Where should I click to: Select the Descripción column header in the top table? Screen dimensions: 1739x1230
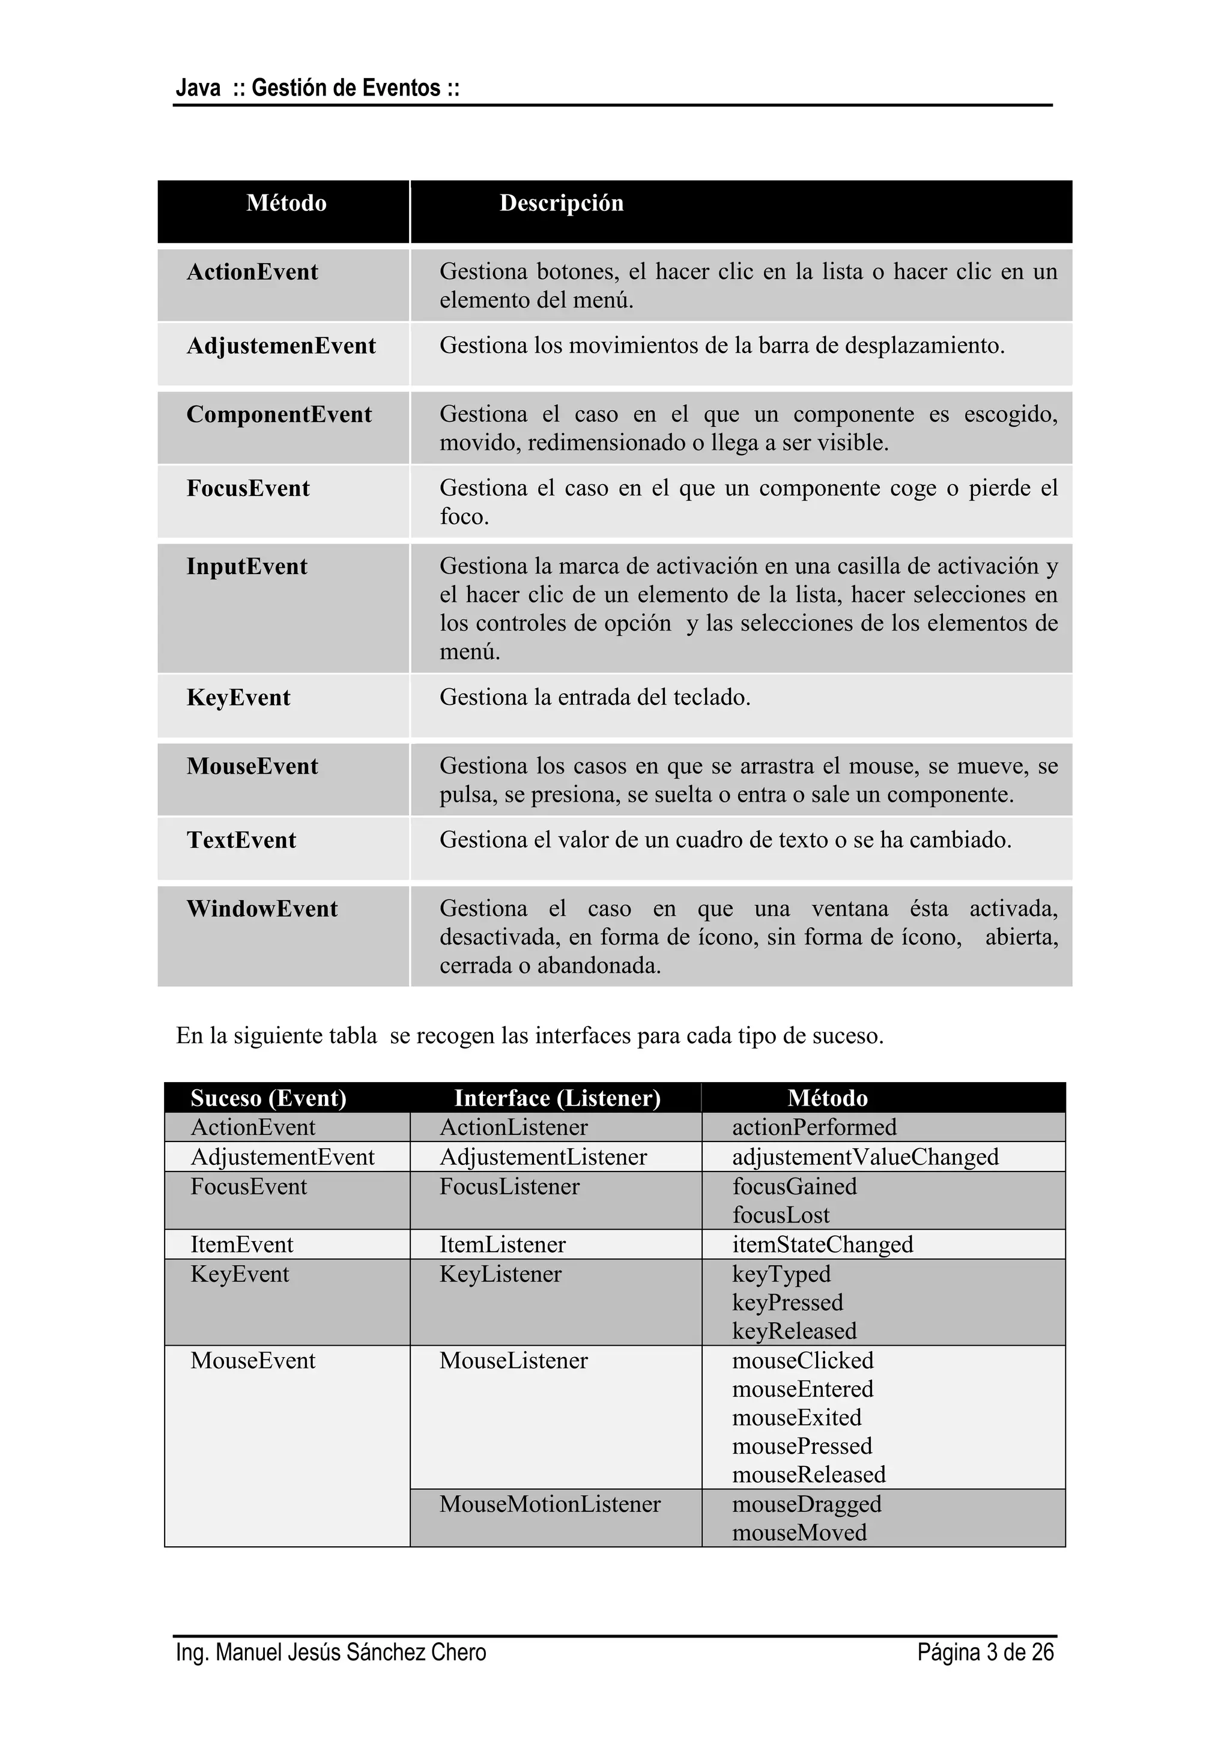point(561,203)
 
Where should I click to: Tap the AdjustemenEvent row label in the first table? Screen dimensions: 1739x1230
point(281,346)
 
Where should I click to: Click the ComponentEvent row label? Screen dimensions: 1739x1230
point(279,414)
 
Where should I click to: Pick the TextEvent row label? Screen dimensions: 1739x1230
point(241,840)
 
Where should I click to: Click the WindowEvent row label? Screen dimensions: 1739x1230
point(262,909)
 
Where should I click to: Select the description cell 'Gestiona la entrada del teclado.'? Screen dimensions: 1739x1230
point(595,698)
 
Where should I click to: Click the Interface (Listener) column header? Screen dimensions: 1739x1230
point(557,1098)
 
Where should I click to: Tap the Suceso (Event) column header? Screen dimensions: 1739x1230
point(268,1098)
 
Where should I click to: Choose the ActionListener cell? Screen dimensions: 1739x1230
point(514,1127)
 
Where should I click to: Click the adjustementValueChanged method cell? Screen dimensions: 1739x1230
point(865,1157)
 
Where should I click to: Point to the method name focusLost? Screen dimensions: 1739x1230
point(780,1215)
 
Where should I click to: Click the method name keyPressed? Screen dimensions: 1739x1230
point(787,1302)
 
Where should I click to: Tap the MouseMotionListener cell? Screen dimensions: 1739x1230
point(550,1504)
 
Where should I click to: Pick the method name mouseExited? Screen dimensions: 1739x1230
point(797,1417)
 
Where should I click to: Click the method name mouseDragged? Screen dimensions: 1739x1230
point(807,1504)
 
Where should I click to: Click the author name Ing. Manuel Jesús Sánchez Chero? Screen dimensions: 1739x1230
point(331,1652)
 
